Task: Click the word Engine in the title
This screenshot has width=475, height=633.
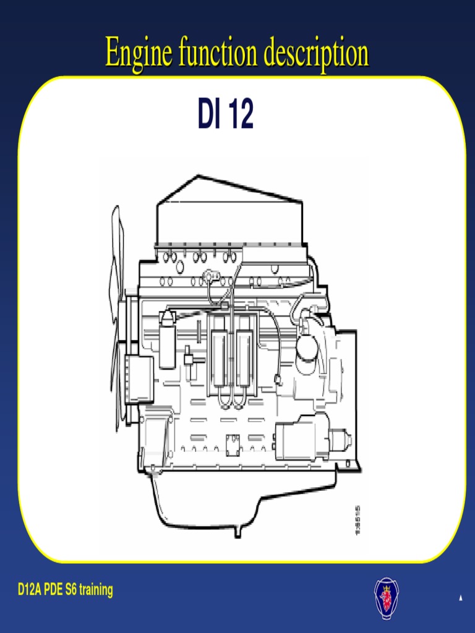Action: (140, 53)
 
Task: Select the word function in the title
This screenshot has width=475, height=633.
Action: (218, 53)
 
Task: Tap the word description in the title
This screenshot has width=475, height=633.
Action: (316, 54)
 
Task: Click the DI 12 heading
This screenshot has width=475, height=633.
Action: (225, 115)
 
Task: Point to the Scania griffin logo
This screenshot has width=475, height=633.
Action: (387, 597)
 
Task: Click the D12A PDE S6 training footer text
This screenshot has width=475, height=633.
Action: (66, 590)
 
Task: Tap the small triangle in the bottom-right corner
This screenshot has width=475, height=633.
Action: (460, 598)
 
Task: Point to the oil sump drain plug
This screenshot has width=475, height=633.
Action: (237, 530)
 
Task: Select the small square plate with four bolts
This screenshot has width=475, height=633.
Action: (233, 444)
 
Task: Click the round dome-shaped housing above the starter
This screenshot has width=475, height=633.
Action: (307, 347)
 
